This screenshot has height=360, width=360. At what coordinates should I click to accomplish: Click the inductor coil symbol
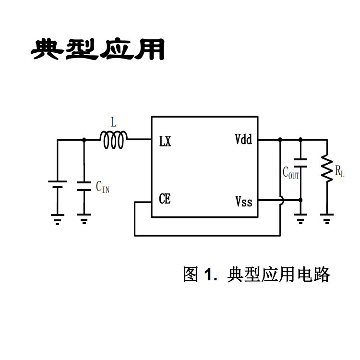pyautogui.click(x=113, y=140)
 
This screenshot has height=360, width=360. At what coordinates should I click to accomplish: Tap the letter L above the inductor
pyautogui.click(x=114, y=123)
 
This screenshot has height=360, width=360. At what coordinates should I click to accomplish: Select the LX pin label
pyautogui.click(x=165, y=143)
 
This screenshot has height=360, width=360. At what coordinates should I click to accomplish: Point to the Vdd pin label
pyautogui.click(x=243, y=140)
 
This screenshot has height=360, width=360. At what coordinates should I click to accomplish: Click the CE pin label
pyautogui.click(x=164, y=199)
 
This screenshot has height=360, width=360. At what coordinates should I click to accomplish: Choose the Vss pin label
pyautogui.click(x=243, y=201)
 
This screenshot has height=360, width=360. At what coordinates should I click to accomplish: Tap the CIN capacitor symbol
pyautogui.click(x=84, y=186)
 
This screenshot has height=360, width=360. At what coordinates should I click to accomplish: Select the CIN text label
pyautogui.click(x=102, y=187)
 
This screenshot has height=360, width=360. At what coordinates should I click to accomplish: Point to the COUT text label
pyautogui.click(x=290, y=173)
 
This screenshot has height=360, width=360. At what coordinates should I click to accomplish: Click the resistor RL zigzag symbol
pyautogui.click(x=327, y=168)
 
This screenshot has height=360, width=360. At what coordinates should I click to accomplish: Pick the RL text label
pyautogui.click(x=340, y=171)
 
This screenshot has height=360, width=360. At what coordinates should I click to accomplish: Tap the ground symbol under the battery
pyautogui.click(x=57, y=219)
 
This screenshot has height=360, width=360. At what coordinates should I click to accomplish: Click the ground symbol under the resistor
pyautogui.click(x=327, y=219)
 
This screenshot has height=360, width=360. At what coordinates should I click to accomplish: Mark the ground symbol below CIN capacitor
pyautogui.click(x=84, y=219)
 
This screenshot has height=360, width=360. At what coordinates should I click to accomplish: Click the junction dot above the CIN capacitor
pyautogui.click(x=84, y=140)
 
